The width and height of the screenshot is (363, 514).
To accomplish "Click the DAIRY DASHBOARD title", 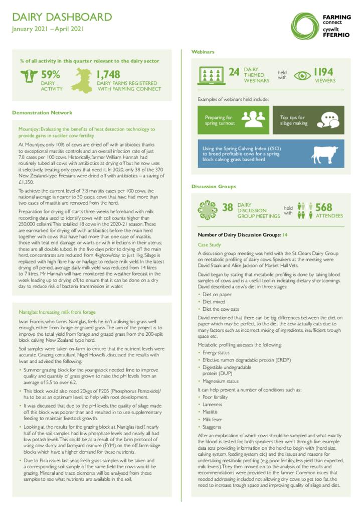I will point(62,18).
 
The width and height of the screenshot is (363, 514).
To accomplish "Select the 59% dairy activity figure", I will point(50,75).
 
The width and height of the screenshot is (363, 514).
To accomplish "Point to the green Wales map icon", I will point(83,80).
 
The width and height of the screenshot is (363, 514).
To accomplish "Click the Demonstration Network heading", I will point(42,112).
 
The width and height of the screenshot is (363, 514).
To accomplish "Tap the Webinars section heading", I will point(203,52).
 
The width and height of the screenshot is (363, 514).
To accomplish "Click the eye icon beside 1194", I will point(302,75).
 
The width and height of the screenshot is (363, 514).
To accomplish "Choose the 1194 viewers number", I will point(323,72).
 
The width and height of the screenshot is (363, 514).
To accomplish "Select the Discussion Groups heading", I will point(213,186).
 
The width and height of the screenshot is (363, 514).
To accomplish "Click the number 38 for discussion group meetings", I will point(227,207).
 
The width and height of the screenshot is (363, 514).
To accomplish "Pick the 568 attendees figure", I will point(324,207).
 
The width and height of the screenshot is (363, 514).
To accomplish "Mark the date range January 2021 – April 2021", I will point(48,29).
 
